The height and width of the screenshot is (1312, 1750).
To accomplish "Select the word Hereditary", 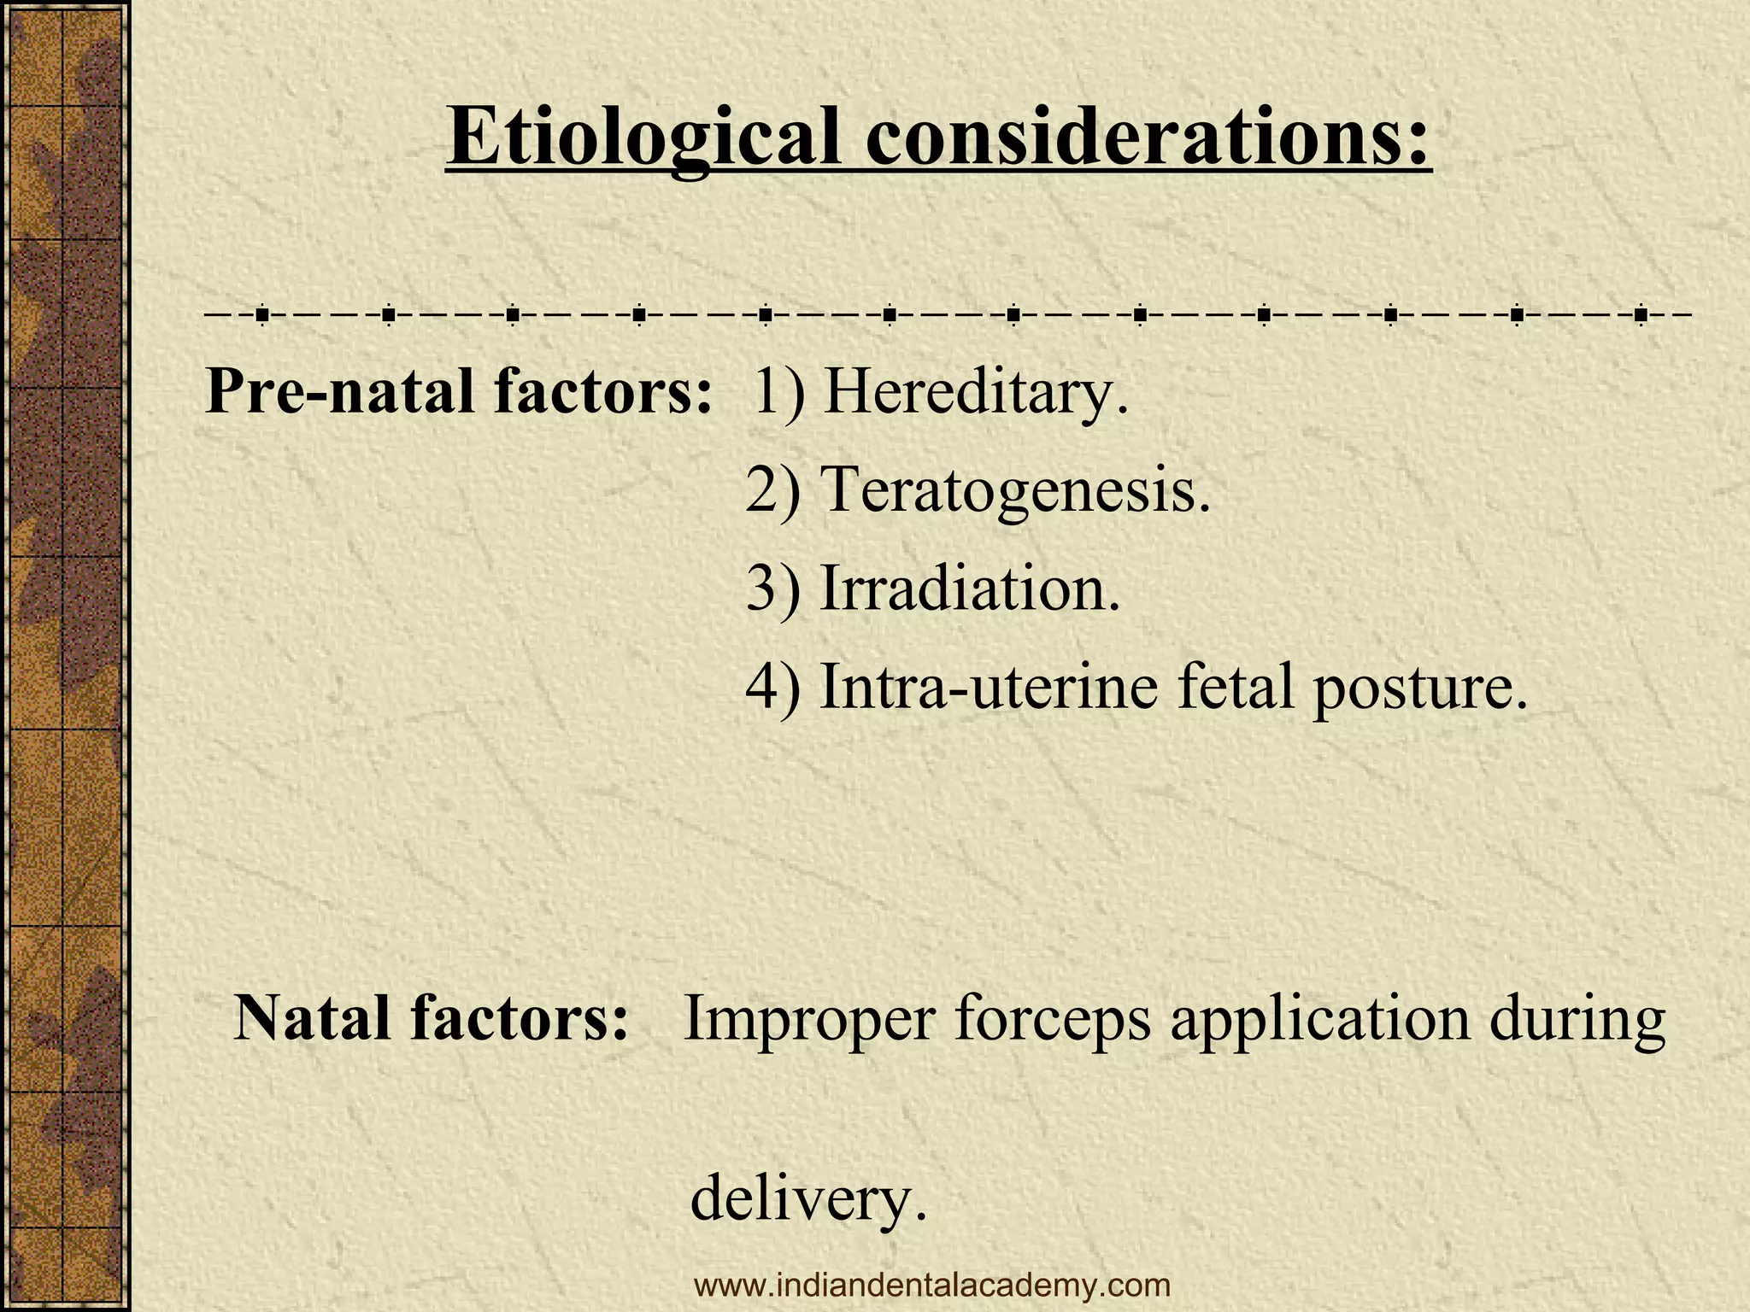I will [x=975, y=392].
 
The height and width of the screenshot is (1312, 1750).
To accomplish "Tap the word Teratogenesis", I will [x=1015, y=490].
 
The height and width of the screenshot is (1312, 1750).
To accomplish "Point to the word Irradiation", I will [x=969, y=589].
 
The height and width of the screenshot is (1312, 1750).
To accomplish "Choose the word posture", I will [x=1419, y=688].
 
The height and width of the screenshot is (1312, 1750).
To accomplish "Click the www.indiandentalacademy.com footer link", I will [x=932, y=1285].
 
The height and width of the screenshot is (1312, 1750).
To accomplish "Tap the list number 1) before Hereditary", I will [x=778, y=392].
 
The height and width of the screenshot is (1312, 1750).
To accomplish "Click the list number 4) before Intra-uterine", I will [x=773, y=687].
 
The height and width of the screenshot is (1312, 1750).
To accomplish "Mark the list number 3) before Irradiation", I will [x=773, y=589].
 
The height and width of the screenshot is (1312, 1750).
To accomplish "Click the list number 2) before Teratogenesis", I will [x=773, y=490].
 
